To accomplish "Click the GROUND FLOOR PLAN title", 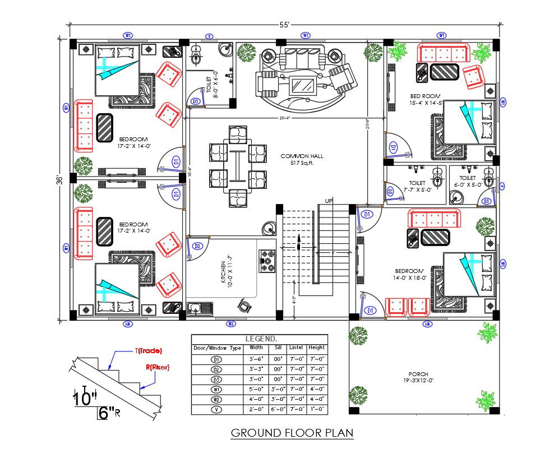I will pos(292,433).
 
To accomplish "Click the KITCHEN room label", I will pos(223,271).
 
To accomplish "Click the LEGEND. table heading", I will pos(261,339).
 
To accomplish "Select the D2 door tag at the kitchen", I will pos(197,246).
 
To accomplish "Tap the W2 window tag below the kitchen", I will pos(231,324).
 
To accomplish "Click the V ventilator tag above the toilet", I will pos(209,36).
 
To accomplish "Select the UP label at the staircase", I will pos(329,201).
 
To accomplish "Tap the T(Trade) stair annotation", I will pos(148,350).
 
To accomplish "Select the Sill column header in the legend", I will pos(279,348).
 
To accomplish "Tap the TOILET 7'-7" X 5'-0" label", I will pos(417,186).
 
